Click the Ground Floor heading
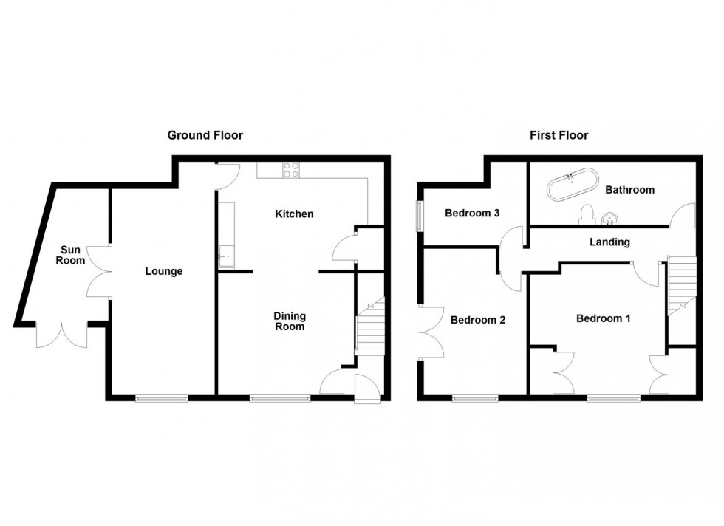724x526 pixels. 205,135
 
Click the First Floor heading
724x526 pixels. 559,135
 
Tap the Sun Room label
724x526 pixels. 72,255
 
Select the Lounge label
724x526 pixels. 163,271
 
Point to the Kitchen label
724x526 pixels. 294,214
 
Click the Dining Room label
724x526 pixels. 290,321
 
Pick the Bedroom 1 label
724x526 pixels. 604,319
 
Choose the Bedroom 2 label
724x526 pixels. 478,321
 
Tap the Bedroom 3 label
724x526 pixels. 473,214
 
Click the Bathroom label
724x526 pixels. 629,190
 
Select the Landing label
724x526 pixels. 609,242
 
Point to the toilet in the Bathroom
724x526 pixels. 588,214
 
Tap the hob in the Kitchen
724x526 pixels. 291,170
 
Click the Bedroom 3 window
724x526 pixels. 420,216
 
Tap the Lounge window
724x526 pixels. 161,398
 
